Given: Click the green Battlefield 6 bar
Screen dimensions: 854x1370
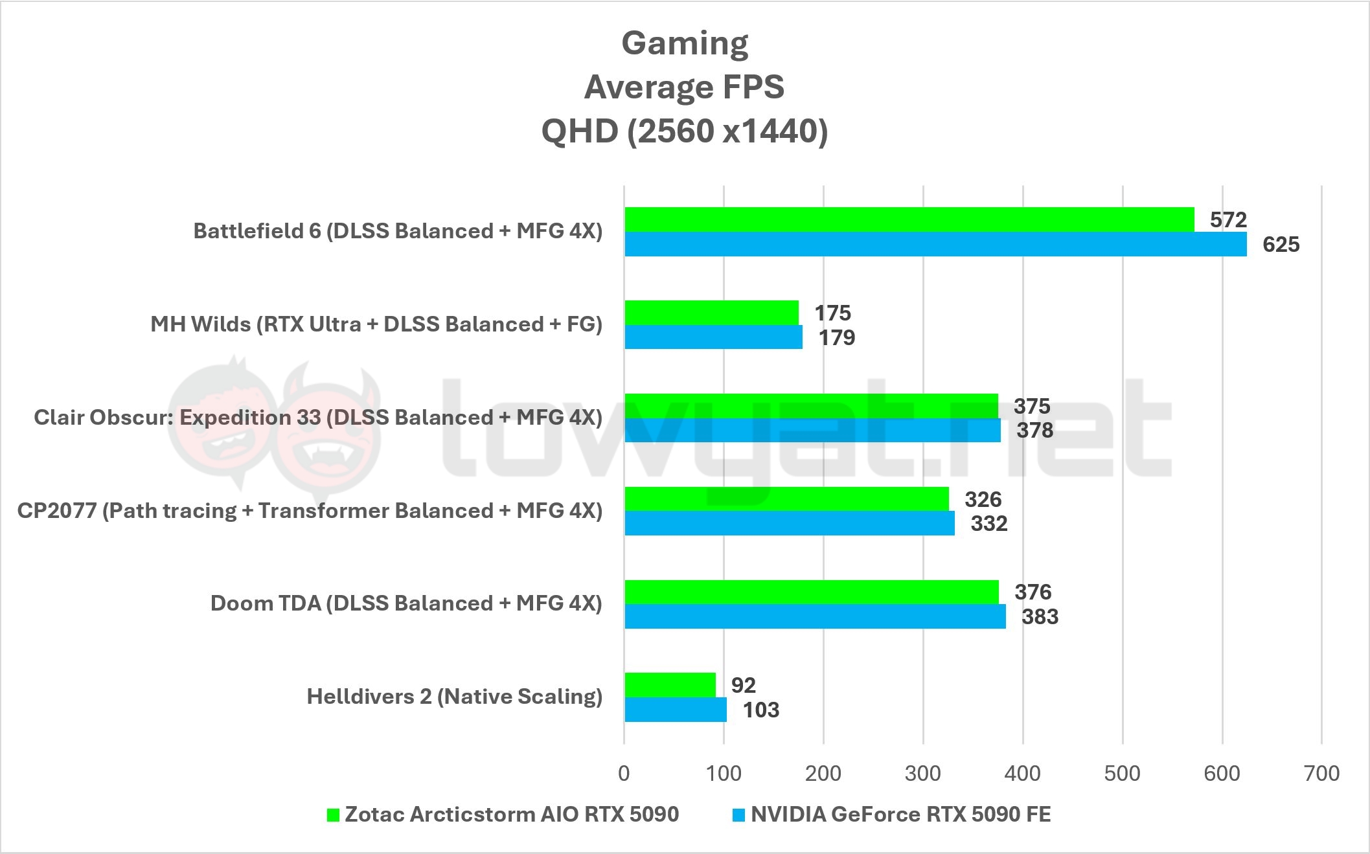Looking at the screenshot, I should [x=909, y=219].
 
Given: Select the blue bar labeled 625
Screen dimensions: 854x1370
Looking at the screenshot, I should [x=935, y=244].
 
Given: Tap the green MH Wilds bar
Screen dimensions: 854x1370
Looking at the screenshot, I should [x=711, y=313].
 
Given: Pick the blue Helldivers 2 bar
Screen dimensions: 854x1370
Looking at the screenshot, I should [x=676, y=710].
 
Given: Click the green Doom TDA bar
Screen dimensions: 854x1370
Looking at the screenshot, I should [x=811, y=592].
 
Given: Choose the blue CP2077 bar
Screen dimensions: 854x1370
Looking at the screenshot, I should [x=789, y=523].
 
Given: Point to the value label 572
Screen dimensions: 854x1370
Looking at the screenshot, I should [x=1228, y=220].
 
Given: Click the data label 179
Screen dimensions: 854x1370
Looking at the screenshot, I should [x=837, y=337].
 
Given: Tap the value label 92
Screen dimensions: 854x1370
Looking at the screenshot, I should [x=744, y=685].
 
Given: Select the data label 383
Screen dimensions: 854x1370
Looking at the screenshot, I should [x=1040, y=616].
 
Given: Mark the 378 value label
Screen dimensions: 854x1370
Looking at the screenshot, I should [x=1034, y=431].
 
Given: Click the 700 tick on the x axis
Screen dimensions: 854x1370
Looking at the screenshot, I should [x=1321, y=773].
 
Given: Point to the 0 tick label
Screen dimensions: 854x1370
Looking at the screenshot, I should [x=624, y=773].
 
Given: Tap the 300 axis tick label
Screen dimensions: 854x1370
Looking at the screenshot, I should [x=923, y=773].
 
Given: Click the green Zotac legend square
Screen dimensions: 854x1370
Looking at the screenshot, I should [x=333, y=815].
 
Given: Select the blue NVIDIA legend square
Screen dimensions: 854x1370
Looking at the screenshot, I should [x=739, y=815].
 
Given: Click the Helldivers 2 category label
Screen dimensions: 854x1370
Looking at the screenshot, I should [x=454, y=697].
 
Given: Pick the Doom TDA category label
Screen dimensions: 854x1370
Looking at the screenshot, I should [x=406, y=603].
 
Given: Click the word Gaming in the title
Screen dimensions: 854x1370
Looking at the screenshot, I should [x=685, y=43].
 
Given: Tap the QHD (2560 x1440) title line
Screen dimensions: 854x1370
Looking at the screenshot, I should [x=685, y=131].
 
